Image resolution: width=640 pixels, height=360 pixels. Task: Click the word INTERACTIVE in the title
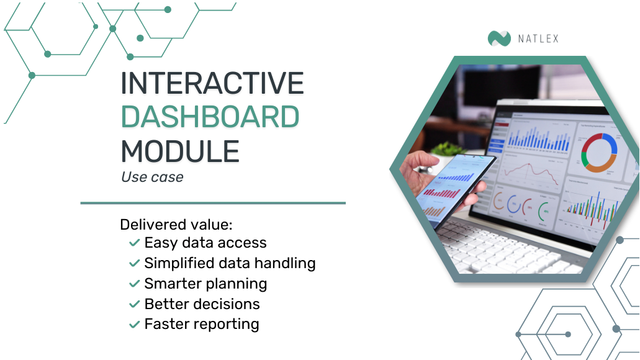212,84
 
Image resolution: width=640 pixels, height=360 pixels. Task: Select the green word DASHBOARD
210,117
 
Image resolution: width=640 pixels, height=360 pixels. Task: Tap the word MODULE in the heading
179,151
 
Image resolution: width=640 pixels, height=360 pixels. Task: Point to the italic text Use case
152,177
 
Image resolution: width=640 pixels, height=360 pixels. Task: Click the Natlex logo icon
499,38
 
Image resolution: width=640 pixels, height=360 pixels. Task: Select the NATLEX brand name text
538,39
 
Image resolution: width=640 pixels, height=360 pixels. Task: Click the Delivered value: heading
176,224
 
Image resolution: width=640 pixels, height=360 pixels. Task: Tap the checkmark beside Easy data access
133,243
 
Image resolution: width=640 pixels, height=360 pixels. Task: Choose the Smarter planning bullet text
205,284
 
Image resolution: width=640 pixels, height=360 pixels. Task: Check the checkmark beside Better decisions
133,304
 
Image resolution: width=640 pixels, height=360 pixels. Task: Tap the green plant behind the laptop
448,149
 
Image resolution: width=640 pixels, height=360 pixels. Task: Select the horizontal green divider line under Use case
213,202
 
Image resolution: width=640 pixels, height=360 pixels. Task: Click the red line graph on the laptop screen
528,171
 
